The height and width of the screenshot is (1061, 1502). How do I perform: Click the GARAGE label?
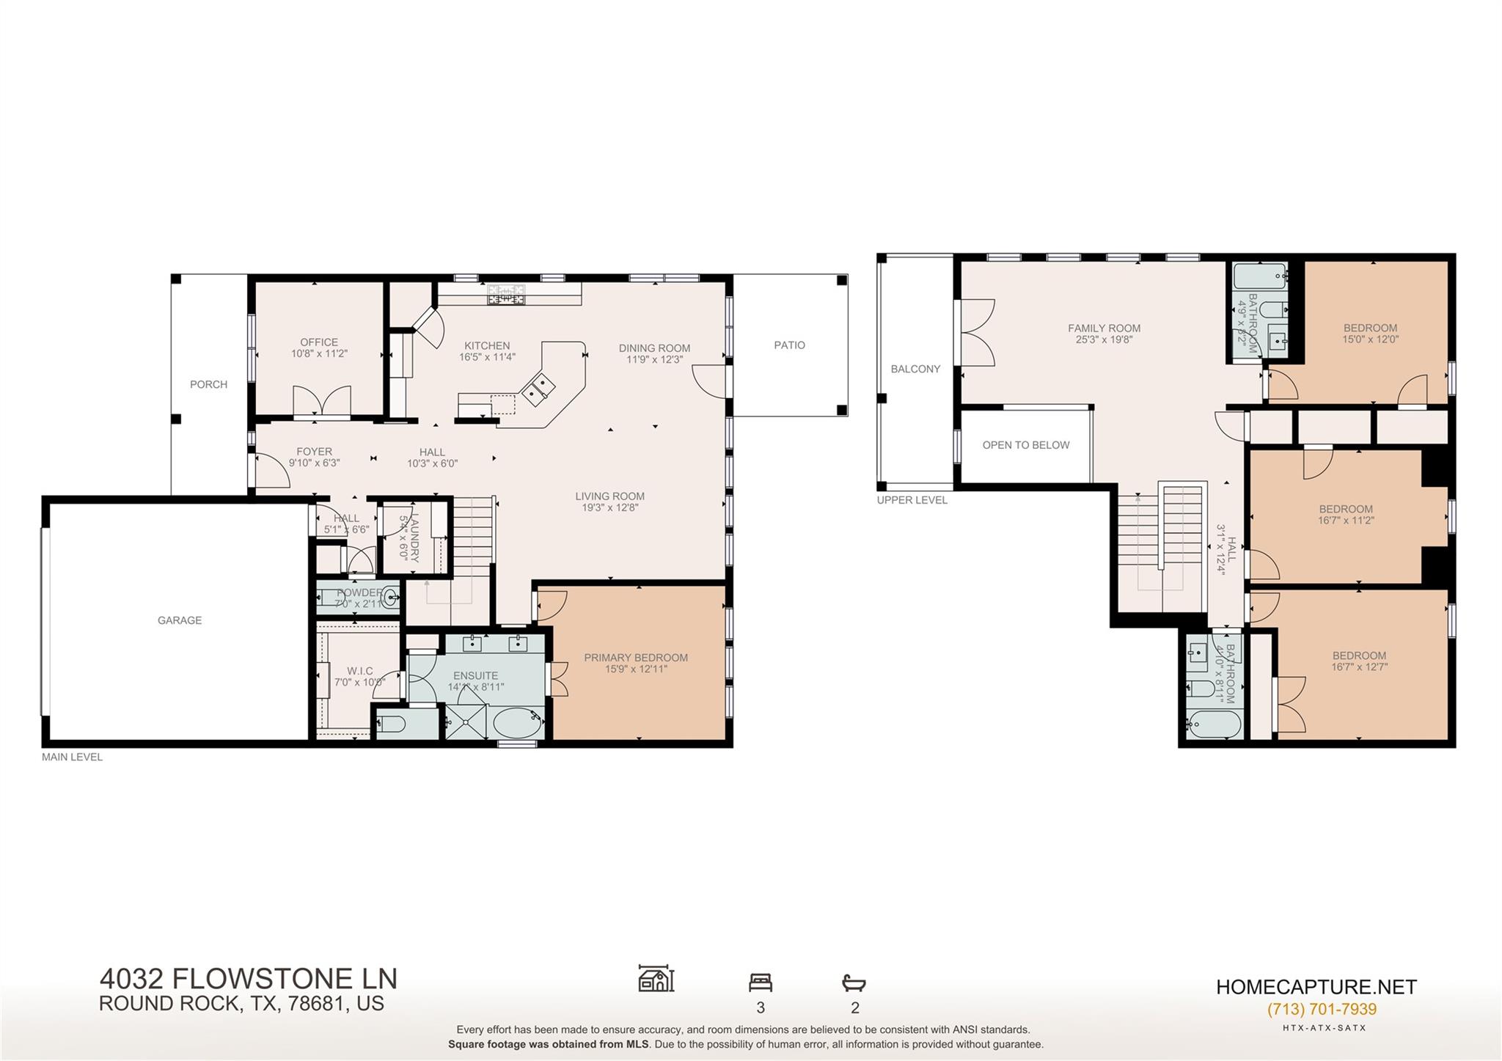(x=179, y=620)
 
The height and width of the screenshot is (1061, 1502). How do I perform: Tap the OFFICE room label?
(x=319, y=342)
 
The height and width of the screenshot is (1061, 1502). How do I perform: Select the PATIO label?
(x=789, y=345)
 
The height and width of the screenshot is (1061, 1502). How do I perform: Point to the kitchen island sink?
(x=538, y=388)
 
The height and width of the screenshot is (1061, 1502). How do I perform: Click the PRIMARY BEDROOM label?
(x=636, y=658)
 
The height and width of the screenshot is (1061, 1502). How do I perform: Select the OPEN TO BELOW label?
(x=1025, y=445)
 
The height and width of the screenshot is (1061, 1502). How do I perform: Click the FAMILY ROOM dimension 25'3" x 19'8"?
(x=1104, y=339)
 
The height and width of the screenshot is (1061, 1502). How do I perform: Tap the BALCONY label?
(x=915, y=369)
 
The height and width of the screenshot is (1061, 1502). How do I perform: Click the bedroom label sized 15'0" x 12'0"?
(x=1370, y=334)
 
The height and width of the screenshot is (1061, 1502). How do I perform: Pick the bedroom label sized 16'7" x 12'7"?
(x=1359, y=661)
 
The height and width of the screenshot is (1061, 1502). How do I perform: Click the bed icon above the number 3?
(x=761, y=982)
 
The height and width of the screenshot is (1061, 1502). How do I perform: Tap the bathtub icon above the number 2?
(x=854, y=982)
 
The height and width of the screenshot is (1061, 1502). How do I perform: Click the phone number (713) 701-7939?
(x=1322, y=1009)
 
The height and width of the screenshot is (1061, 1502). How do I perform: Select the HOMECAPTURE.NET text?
(x=1316, y=987)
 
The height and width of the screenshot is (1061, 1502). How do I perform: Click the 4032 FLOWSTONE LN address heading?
(x=248, y=979)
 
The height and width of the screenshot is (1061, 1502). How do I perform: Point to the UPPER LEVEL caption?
(x=912, y=500)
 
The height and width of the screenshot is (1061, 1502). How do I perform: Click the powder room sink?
(x=392, y=596)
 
